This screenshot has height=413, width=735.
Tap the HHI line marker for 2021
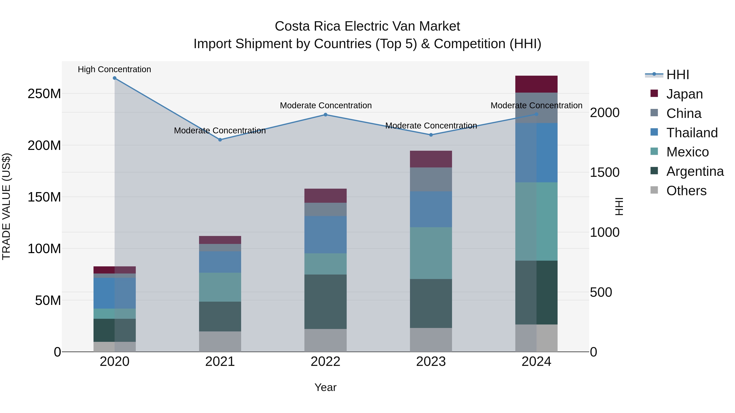click(x=220, y=140)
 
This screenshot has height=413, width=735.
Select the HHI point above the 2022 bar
click(x=326, y=115)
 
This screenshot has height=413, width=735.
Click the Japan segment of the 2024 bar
click(x=536, y=84)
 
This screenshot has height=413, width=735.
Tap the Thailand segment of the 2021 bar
click(x=220, y=262)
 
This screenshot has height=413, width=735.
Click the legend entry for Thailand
click(x=692, y=133)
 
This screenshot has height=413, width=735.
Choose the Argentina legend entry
click(x=695, y=171)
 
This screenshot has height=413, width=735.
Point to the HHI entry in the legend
click(x=677, y=75)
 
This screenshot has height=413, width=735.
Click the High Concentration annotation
click(x=114, y=69)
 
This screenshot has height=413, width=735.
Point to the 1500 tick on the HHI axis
click(x=604, y=172)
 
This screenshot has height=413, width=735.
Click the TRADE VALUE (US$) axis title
click(x=6, y=206)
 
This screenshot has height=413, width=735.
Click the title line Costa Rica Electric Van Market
click(x=367, y=26)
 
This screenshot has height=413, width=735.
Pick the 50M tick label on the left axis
click(x=48, y=300)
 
